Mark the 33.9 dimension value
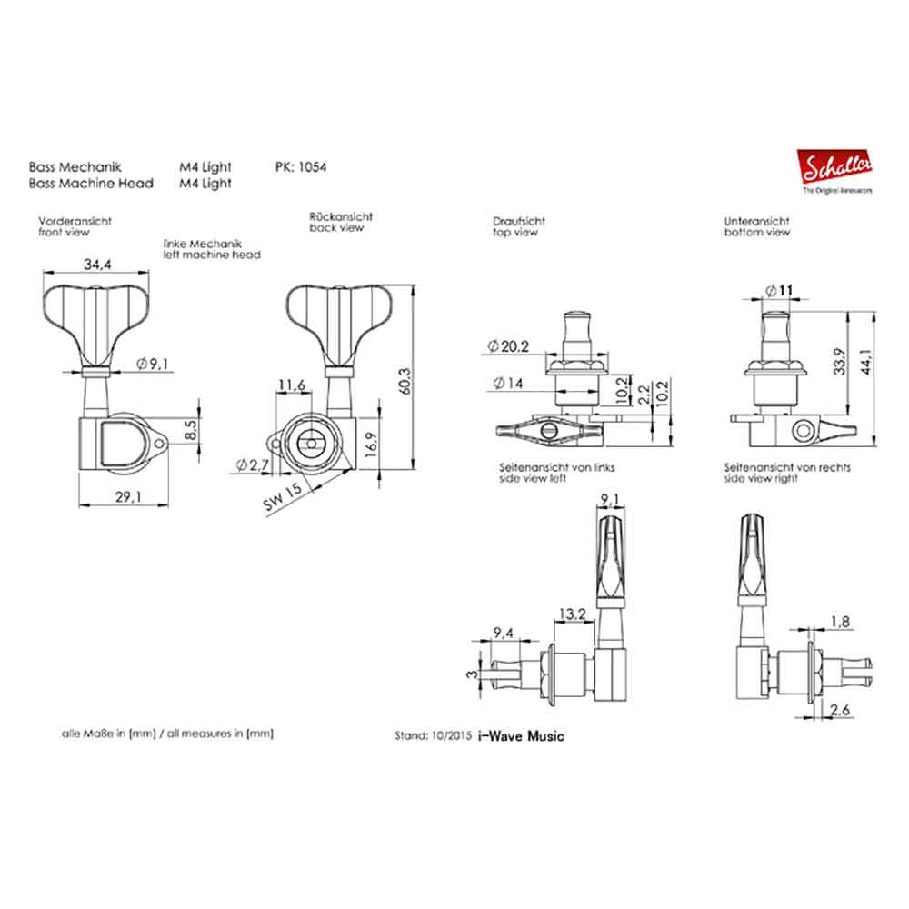click(842, 362)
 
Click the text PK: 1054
click(300, 167)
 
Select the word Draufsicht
click(518, 221)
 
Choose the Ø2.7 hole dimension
click(249, 464)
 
